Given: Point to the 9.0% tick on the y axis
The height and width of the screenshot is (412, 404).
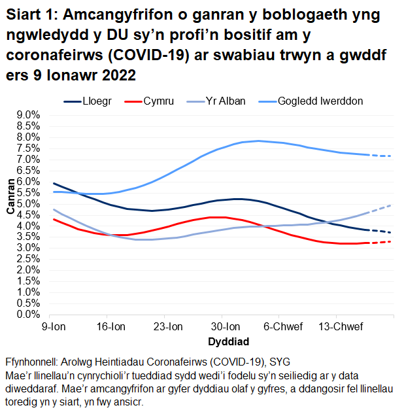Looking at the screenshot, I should click(27, 115).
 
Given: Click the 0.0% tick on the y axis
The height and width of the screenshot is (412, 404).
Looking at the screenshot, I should click(27, 315).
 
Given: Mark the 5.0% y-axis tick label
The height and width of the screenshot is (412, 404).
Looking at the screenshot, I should click(27, 204).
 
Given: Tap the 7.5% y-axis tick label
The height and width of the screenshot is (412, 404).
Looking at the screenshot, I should click(27, 148).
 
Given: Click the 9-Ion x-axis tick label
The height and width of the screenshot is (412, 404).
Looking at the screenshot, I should click(53, 326).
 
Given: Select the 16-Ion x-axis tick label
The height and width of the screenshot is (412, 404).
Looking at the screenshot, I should click(110, 326).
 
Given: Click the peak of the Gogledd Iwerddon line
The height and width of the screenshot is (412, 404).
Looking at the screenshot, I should click(259, 141).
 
